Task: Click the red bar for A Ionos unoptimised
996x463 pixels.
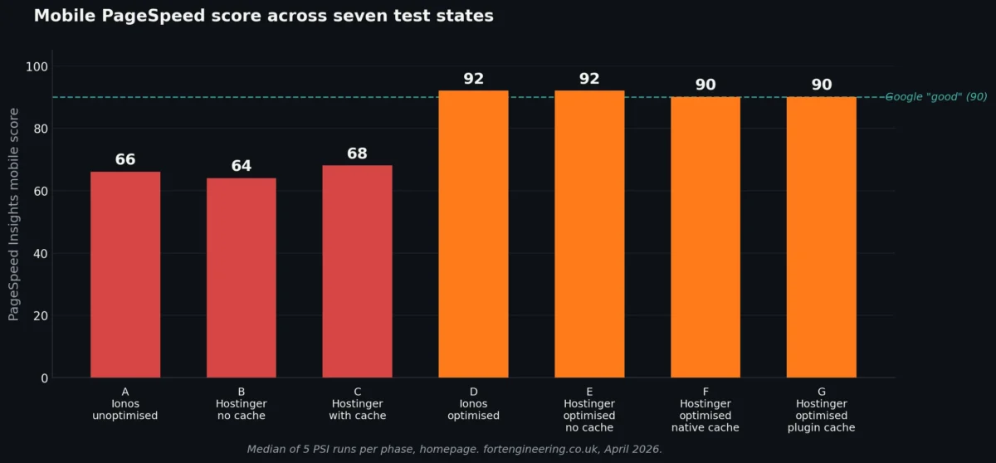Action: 125,275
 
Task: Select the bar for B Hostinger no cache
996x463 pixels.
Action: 242,278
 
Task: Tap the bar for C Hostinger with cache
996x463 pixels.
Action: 357,271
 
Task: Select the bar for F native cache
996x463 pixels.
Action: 705,237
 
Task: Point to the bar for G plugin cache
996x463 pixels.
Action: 821,237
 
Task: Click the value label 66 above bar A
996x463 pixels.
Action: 125,159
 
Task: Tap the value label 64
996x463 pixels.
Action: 242,166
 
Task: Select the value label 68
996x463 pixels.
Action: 357,154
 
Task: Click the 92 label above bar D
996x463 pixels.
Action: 473,79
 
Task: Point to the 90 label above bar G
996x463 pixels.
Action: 821,85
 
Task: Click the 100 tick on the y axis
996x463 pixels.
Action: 38,66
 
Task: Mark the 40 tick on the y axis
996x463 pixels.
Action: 41,253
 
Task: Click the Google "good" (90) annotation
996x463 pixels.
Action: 936,97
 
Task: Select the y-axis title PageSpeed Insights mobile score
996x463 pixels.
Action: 13,217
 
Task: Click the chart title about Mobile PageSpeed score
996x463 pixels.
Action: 263,16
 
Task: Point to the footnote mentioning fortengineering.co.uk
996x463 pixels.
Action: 454,449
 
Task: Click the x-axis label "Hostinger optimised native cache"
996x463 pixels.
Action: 705,409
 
